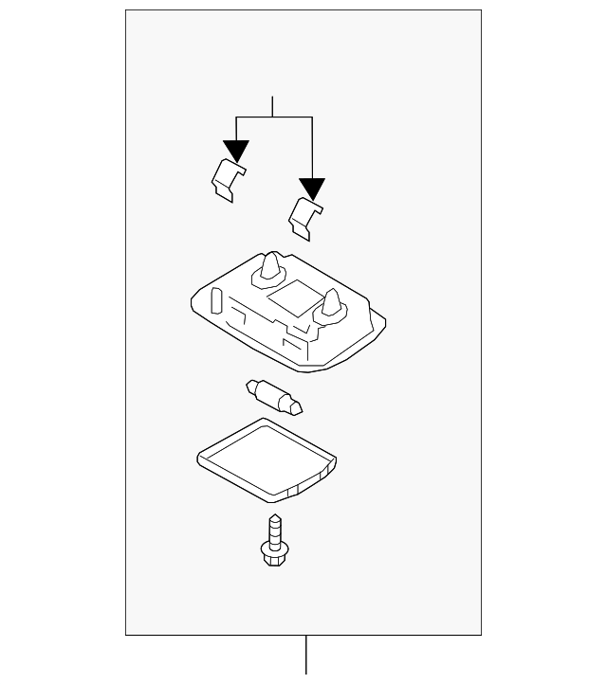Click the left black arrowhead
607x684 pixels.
pyautogui.click(x=236, y=151)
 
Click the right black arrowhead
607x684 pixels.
pyautogui.click(x=311, y=188)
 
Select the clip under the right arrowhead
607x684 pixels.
pyautogui.click(x=305, y=217)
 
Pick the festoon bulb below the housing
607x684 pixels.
pyautogui.click(x=273, y=397)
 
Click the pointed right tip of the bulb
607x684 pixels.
pyautogui.click(x=300, y=409)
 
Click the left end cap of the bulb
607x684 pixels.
pyautogui.click(x=251, y=387)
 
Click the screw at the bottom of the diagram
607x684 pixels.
pyautogui.click(x=274, y=540)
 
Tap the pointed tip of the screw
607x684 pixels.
pyautogui.click(x=275, y=516)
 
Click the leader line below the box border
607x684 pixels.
pyautogui.click(x=305, y=658)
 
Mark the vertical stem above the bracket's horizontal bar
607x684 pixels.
pyautogui.click(x=273, y=106)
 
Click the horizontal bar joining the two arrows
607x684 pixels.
pyautogui.click(x=273, y=117)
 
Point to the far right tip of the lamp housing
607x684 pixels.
pyautogui.click(x=386, y=328)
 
